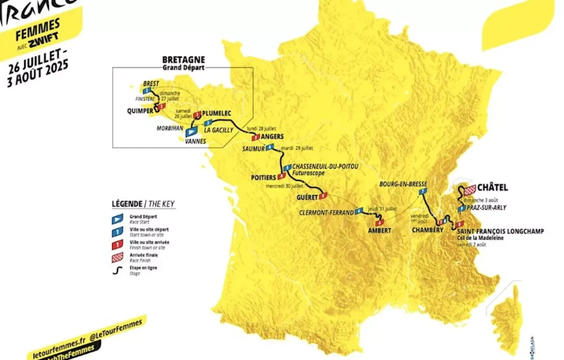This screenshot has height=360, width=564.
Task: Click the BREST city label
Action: click(150, 83)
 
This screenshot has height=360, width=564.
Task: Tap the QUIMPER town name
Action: click(140, 111)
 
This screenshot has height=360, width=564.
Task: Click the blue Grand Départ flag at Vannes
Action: click(191, 132)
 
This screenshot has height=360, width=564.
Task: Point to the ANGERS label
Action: click(272, 136)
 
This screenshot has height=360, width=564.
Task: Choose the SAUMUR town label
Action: click(253, 148)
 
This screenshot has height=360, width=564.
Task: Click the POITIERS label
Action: click(264, 177)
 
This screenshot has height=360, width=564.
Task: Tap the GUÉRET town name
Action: click(307, 197)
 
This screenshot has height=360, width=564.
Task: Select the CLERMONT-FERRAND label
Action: click(326, 212)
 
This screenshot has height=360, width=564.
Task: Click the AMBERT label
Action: click(379, 230)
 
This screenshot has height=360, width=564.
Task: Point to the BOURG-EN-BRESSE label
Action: click(403, 183)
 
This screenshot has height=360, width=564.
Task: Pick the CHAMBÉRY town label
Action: click(428, 230)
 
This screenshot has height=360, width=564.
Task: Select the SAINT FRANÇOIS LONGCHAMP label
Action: click(500, 231)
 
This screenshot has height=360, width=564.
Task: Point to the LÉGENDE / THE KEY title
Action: click(143, 203)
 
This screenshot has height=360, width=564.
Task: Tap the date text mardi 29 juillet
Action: click(296, 148)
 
